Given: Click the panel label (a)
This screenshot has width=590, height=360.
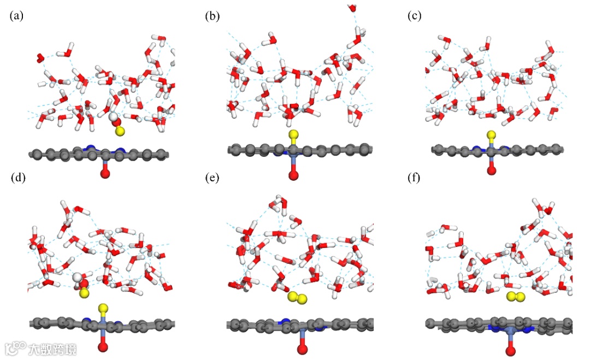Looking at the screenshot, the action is pyautogui.click(x=16, y=16).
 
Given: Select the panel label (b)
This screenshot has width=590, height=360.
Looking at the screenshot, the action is pyautogui.click(x=212, y=16).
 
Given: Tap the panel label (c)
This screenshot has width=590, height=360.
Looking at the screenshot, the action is pyautogui.click(x=415, y=16).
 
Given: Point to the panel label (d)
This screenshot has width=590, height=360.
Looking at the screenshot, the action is pyautogui.click(x=16, y=178).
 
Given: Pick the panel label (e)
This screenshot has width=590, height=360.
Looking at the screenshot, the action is pyautogui.click(x=212, y=178).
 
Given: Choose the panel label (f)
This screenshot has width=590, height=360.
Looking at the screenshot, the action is pyautogui.click(x=415, y=178).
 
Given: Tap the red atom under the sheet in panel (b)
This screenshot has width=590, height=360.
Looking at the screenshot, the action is pyautogui.click(x=293, y=175).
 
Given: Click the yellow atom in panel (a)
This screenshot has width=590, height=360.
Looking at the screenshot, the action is pyautogui.click(x=120, y=132).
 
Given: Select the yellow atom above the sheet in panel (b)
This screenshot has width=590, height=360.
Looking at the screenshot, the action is pyautogui.click(x=293, y=134).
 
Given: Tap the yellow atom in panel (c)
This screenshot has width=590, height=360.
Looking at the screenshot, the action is pyautogui.click(x=491, y=134).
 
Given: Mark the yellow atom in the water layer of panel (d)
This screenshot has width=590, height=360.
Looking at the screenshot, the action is pyautogui.click(x=84, y=293).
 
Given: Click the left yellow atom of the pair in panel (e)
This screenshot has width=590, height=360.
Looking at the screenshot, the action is pyautogui.click(x=293, y=297).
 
